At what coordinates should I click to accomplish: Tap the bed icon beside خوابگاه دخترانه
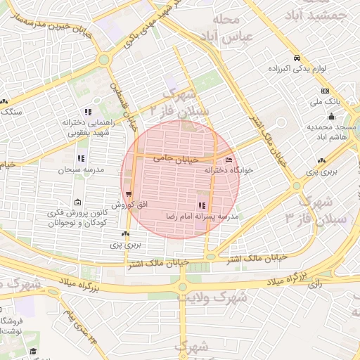tap(229, 160)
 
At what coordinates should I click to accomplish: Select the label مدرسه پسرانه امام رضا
tap(202, 217)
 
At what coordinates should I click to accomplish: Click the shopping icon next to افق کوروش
tap(128, 195)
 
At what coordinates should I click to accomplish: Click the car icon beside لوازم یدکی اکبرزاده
tap(297, 58)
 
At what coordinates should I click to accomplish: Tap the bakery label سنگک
tap(12, 112)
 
